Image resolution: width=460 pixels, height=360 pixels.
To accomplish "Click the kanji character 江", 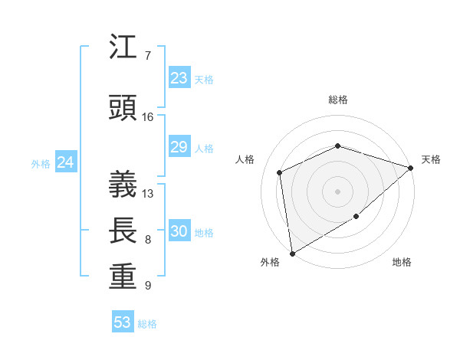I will tap(123, 47).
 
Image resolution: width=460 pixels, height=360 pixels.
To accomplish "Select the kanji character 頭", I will tap(123, 108).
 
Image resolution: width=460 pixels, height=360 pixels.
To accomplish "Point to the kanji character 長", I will tap(123, 231).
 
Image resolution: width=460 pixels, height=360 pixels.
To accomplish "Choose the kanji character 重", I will tap(123, 278).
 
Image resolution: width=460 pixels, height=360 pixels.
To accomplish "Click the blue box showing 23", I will tap(179, 78).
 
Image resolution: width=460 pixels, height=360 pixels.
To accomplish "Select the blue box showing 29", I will tap(179, 147).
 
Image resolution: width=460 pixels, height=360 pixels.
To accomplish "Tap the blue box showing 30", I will tap(179, 232).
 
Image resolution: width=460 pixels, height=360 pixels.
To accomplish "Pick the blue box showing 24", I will tap(66, 162).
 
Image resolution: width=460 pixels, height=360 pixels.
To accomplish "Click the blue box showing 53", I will tap(123, 322).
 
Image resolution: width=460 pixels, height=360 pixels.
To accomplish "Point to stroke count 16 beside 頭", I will tap(148, 117).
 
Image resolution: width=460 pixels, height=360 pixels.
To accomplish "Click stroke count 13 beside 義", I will tap(148, 193).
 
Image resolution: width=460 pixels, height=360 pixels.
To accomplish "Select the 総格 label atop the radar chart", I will tap(338, 100).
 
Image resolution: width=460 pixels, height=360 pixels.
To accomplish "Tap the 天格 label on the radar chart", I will tap(431, 159).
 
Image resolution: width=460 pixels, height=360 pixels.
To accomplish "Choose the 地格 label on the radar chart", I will tap(402, 263).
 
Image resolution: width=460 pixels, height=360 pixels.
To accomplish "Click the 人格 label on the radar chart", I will tap(245, 159).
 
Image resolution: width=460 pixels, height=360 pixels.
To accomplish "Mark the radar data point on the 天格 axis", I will tap(411, 168).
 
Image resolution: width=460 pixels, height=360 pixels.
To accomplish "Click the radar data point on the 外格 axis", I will tap(292, 253).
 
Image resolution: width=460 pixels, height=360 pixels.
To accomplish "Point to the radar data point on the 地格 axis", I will tap(356, 217).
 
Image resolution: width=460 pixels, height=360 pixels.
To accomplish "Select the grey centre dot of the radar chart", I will tap(337, 191).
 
